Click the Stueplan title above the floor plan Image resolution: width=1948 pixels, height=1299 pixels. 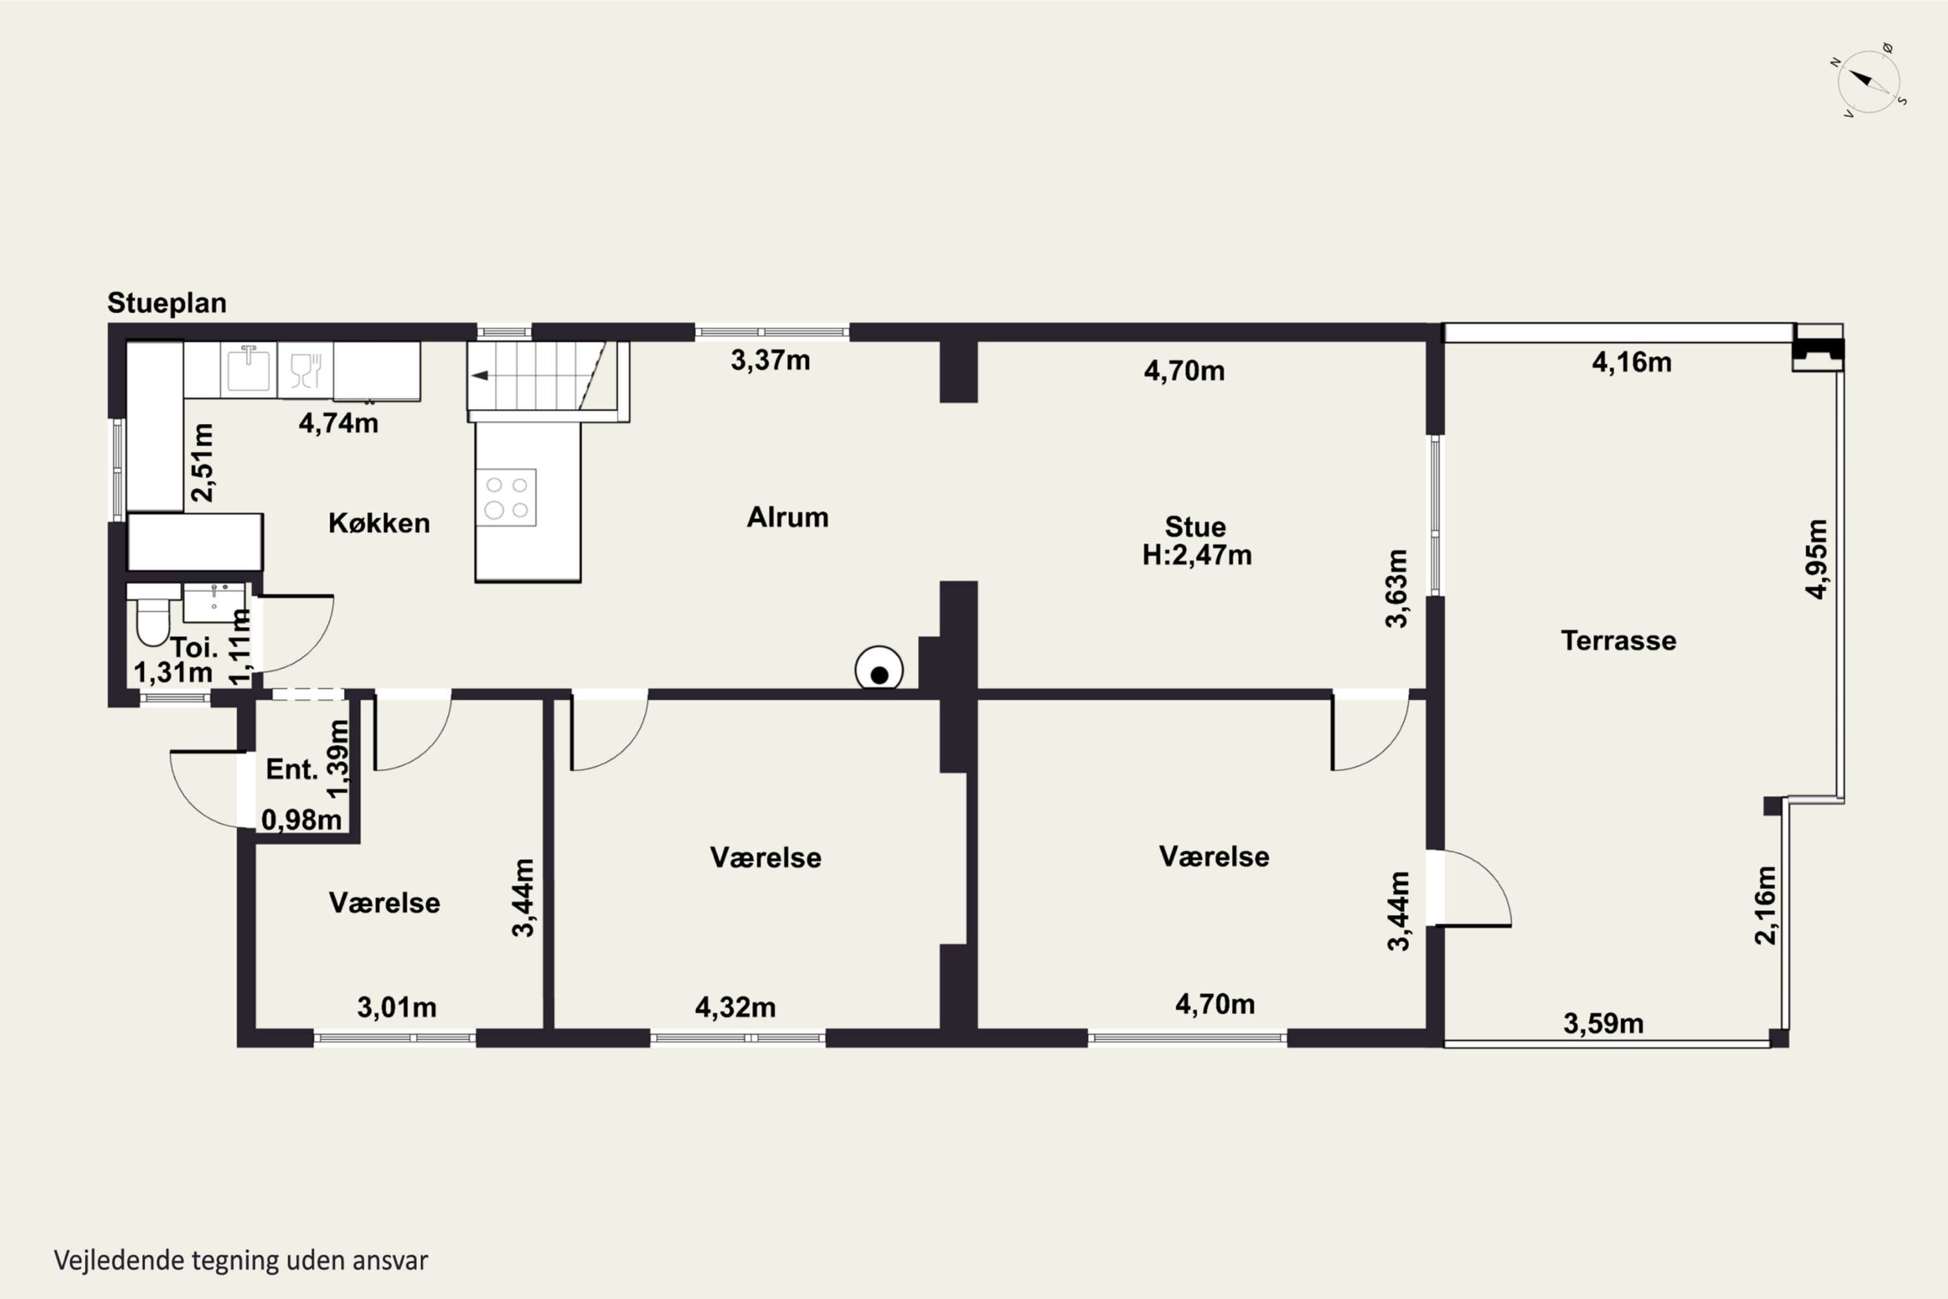166,304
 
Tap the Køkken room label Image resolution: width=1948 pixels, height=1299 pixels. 379,523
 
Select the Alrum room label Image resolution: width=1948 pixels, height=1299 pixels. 788,517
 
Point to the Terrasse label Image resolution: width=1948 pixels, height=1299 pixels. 1618,640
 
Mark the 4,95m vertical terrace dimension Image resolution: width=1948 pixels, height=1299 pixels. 1816,559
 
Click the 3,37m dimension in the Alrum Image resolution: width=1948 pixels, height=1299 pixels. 770,360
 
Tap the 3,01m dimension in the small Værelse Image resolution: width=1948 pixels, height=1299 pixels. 397,1007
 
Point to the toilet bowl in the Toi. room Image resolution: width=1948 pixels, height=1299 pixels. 153,620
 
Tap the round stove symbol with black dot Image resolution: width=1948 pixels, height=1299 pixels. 879,668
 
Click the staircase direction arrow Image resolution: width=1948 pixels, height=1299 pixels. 481,375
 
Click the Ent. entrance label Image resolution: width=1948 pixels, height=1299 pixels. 292,770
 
